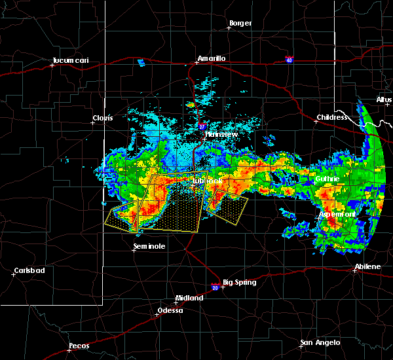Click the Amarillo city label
tap(211, 58)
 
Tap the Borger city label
tap(240, 24)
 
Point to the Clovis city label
tap(102, 118)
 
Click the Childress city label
tap(331, 118)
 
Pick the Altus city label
tap(384, 100)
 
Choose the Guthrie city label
tap(325, 178)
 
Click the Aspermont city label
tap(337, 214)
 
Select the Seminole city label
tap(149, 246)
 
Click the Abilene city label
tap(367, 266)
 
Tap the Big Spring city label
tap(237, 283)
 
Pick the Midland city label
tap(190, 297)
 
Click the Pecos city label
tap(79, 346)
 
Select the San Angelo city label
tap(320, 342)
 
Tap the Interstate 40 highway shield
tap(289, 60)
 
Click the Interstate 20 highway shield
tap(215, 285)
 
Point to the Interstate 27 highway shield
tap(202, 126)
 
